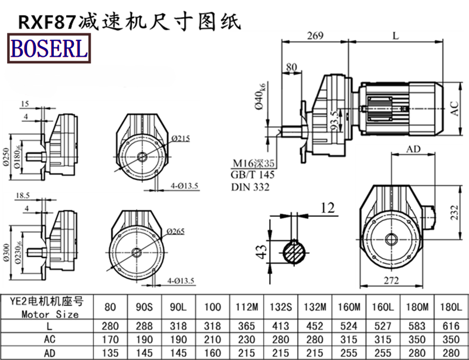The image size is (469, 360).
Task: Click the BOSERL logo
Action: pos(47,48)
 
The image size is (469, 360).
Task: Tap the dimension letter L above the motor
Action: pos(396,36)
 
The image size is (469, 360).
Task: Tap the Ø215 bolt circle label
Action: pos(181,138)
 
